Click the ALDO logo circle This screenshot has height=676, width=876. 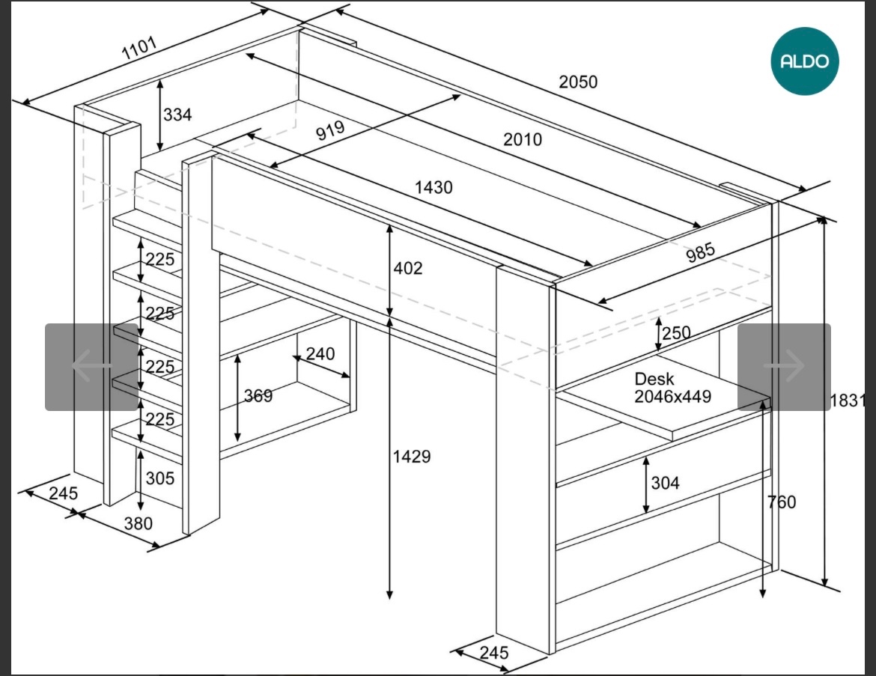coord(805,61)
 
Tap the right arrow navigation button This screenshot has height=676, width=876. coord(784,367)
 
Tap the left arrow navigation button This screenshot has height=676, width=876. coord(91,367)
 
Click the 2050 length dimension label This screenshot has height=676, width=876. coord(578,82)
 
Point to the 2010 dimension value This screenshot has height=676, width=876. coord(522,139)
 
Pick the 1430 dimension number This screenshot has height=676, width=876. coord(434,187)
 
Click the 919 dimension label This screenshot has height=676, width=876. coord(329,131)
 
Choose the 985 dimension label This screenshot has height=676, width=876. coord(701,252)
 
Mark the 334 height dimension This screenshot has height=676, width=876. coord(177,115)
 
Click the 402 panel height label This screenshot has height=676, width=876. coord(408,268)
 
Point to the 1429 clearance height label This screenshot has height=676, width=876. coord(412,456)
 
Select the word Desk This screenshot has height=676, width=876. coord(654,380)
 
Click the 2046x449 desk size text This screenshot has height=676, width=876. coord(672,397)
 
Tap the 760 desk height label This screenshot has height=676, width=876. coord(782,502)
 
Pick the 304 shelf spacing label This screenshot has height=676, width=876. coord(665,483)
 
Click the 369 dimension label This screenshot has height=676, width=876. coord(258,396)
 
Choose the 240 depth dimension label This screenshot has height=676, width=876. coord(320,353)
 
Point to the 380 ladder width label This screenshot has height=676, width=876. coord(138,523)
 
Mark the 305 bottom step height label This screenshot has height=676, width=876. coord(159,478)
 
